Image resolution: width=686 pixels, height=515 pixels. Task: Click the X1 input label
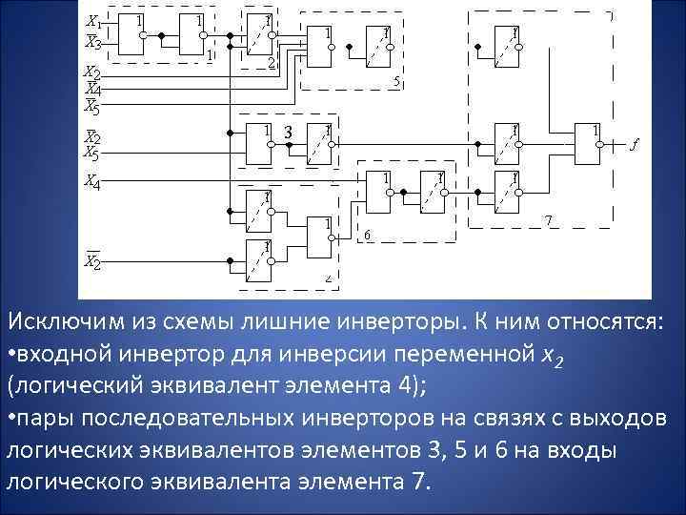pos(93,21)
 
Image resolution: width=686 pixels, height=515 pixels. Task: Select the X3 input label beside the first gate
pos(93,41)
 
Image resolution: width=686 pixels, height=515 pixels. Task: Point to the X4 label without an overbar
pos(92,178)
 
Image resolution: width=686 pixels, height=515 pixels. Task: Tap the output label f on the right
pos(635,145)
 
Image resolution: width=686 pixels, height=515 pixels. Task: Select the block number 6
pos(368,235)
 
